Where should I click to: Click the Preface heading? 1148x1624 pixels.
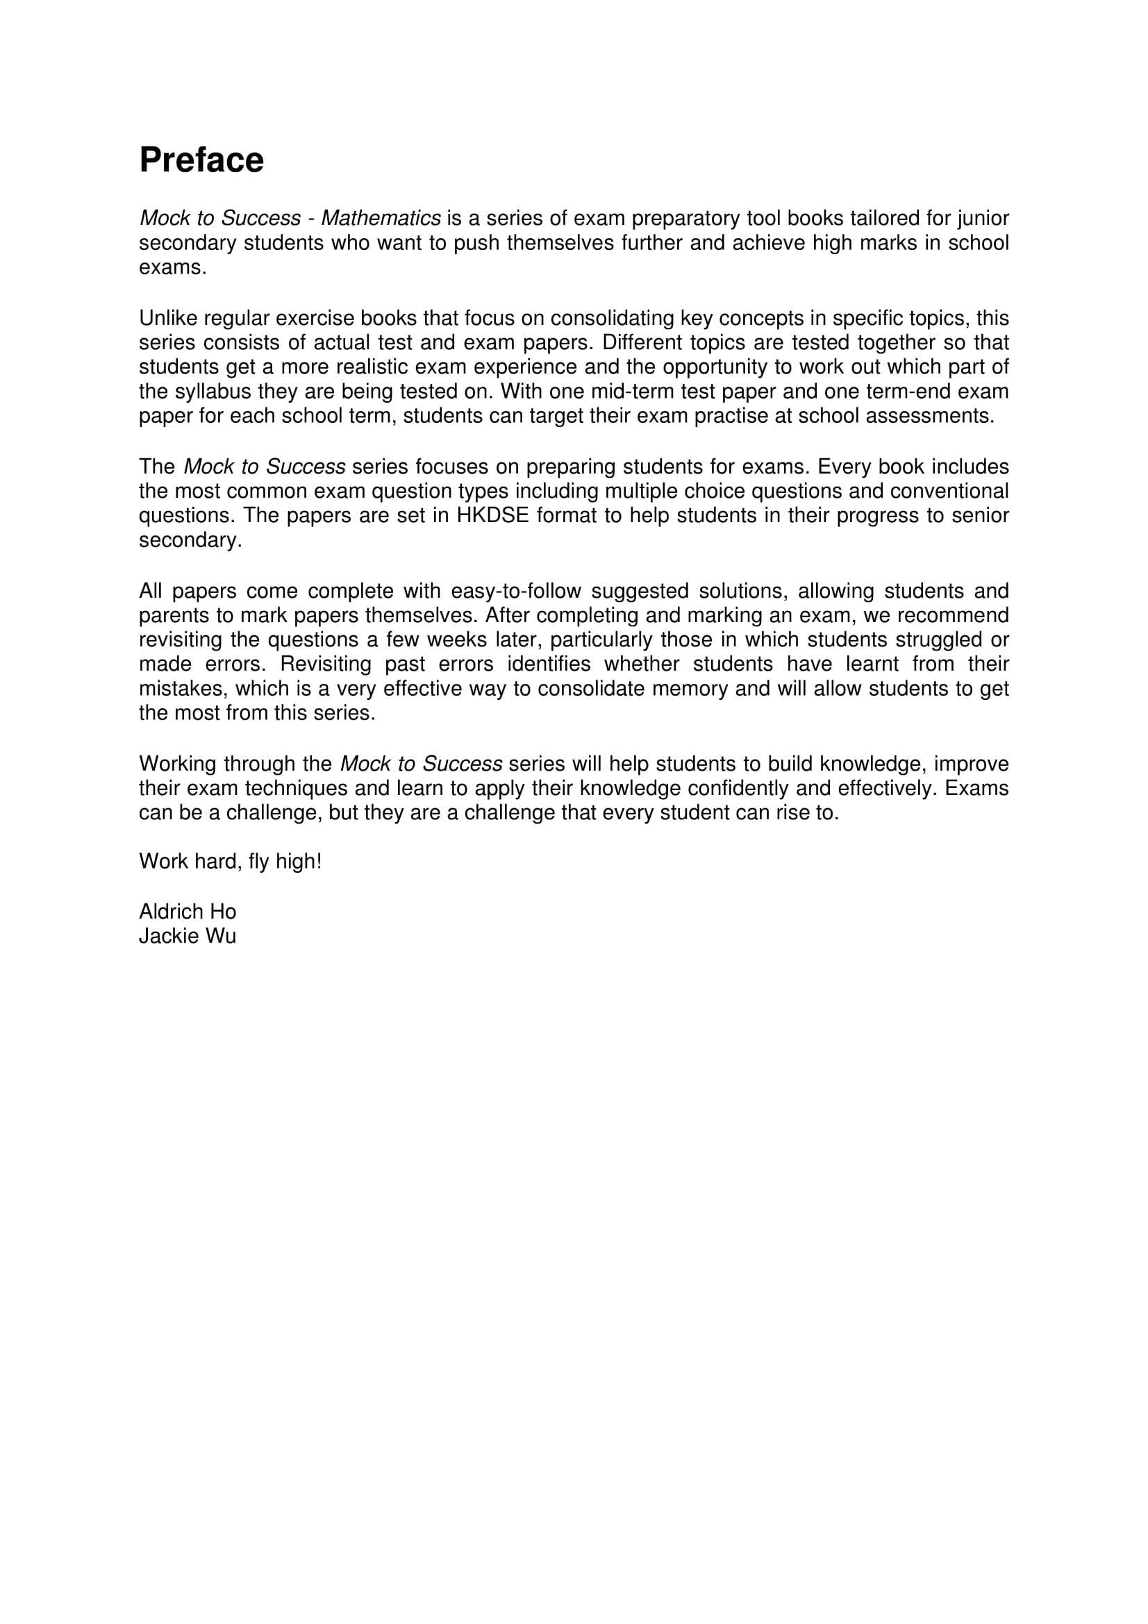pos(201,160)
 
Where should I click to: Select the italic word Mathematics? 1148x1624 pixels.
pos(381,219)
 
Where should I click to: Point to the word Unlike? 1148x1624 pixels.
pos(168,318)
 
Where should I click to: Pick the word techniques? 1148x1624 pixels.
pos(314,788)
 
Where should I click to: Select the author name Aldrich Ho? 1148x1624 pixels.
pos(188,911)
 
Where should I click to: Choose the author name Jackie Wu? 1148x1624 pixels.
pos(188,936)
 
